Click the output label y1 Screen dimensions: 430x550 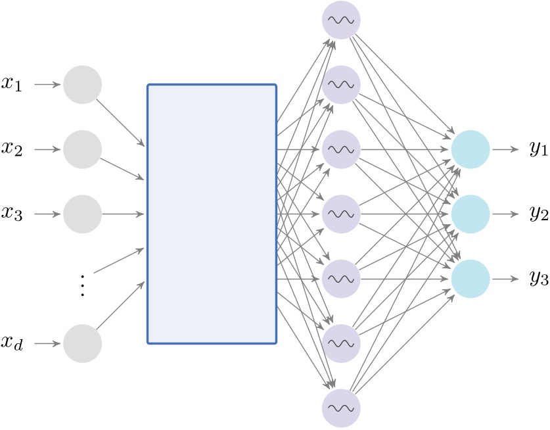[x=538, y=151]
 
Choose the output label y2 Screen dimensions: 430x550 [x=538, y=215]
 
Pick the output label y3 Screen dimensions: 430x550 [x=538, y=279]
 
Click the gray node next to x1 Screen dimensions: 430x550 [x=82, y=85]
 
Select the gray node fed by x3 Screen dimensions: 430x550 [x=82, y=214]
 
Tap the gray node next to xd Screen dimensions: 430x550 [x=82, y=343]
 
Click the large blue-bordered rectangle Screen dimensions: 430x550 [x=212, y=214]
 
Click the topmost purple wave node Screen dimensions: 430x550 [x=341, y=20]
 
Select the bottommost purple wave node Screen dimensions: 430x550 [x=341, y=408]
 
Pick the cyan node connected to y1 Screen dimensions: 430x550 [x=470, y=149]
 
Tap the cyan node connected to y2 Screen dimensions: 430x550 [x=470, y=214]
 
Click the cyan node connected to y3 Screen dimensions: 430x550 [x=470, y=279]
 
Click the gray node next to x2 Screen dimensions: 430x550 [x=82, y=149]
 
